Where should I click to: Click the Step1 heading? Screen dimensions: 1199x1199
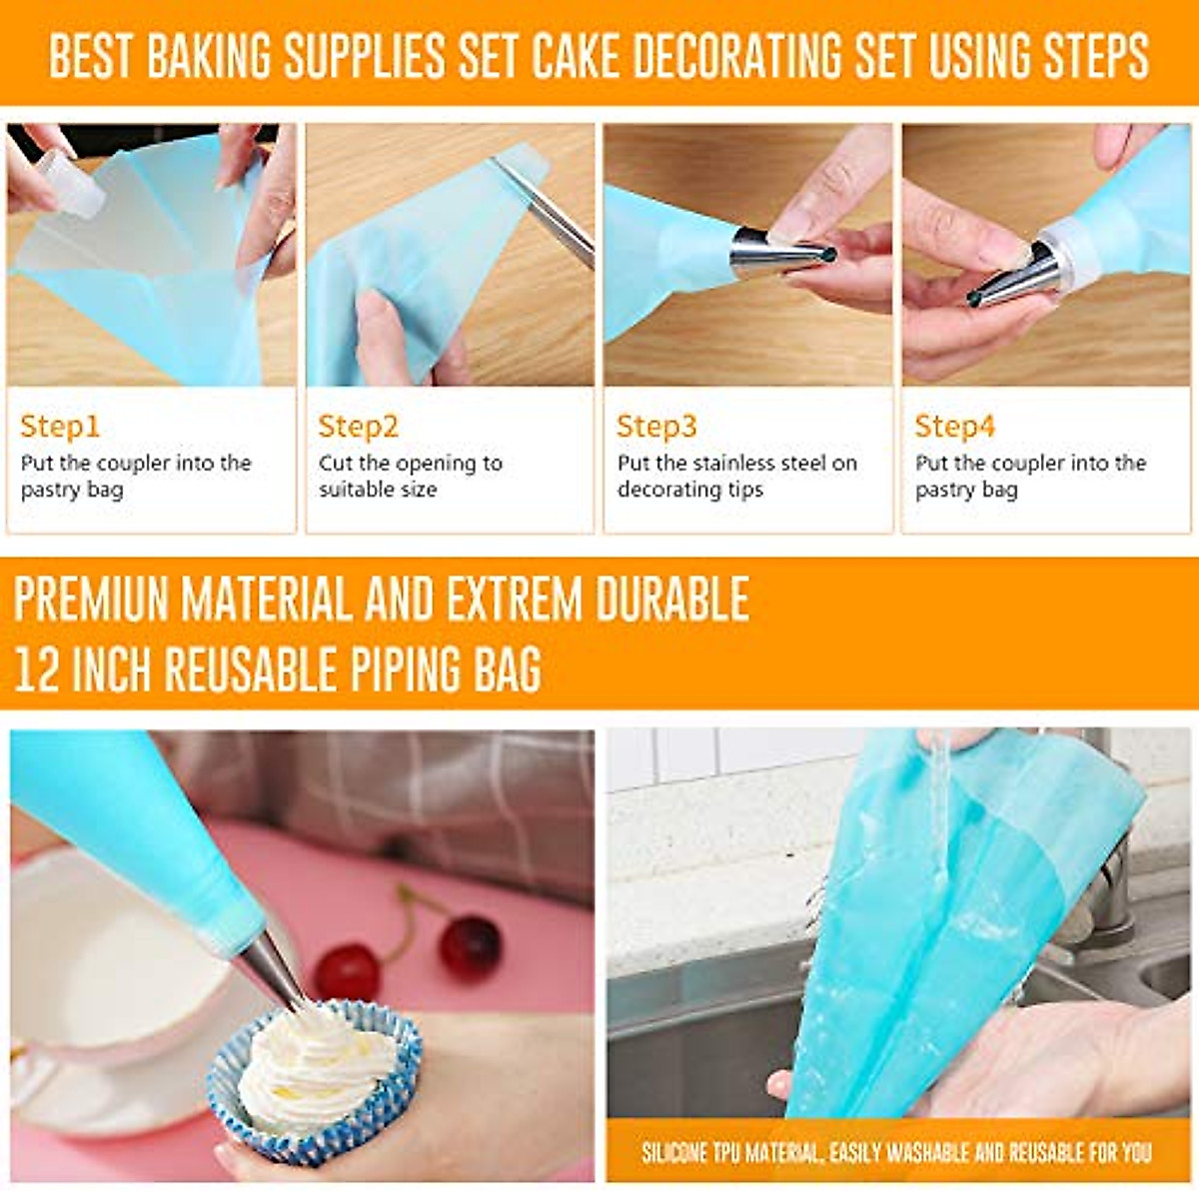[x=60, y=427]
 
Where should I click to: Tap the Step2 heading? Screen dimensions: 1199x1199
[x=358, y=427]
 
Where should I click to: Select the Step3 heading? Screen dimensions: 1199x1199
[x=656, y=427]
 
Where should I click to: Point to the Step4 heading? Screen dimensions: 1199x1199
[x=955, y=427]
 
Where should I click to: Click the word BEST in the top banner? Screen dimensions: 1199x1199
[x=90, y=56]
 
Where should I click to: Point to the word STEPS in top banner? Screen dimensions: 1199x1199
[x=1096, y=56]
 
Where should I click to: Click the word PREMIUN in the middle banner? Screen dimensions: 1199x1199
[x=90, y=599]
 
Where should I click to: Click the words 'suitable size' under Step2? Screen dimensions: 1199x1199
[x=378, y=490]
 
